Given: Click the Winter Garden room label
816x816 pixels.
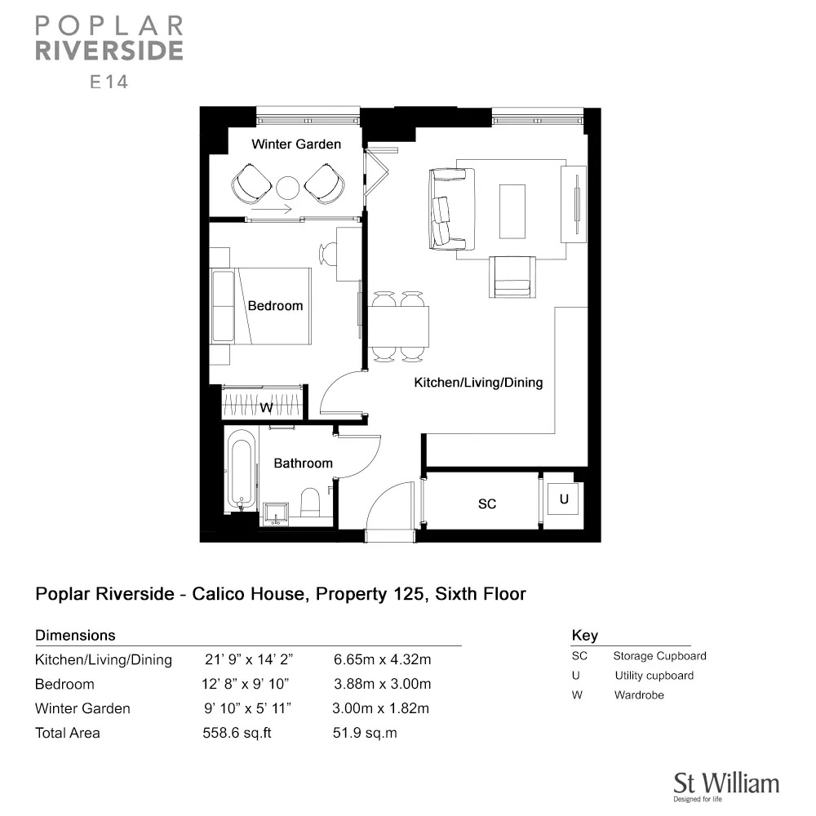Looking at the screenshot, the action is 296,144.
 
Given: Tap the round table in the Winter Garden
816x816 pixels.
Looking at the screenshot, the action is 288,188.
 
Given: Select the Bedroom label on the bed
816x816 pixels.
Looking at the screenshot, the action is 275,305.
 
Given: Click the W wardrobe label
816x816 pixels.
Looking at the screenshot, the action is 266,407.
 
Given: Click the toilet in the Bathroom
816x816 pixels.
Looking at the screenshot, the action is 310,502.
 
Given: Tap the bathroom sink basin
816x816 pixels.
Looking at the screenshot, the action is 275,513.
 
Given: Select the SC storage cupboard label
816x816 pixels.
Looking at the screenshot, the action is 487,503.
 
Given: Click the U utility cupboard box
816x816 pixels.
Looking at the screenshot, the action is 564,499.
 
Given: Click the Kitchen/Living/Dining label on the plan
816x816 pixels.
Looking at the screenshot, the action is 478,383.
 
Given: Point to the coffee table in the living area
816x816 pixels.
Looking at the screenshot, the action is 512,211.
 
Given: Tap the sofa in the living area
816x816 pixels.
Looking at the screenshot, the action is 451,209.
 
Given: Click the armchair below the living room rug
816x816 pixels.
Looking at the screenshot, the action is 512,277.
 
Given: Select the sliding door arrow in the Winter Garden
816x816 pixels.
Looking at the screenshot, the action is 271,211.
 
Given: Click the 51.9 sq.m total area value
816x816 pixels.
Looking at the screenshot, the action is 365,733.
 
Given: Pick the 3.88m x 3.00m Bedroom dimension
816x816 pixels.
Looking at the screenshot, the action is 383,684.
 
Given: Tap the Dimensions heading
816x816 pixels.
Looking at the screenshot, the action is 75,635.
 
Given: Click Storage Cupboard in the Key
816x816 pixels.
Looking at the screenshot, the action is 659,656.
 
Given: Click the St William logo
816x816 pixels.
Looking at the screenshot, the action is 726,786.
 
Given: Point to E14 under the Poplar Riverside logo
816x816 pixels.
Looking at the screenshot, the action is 109,82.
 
